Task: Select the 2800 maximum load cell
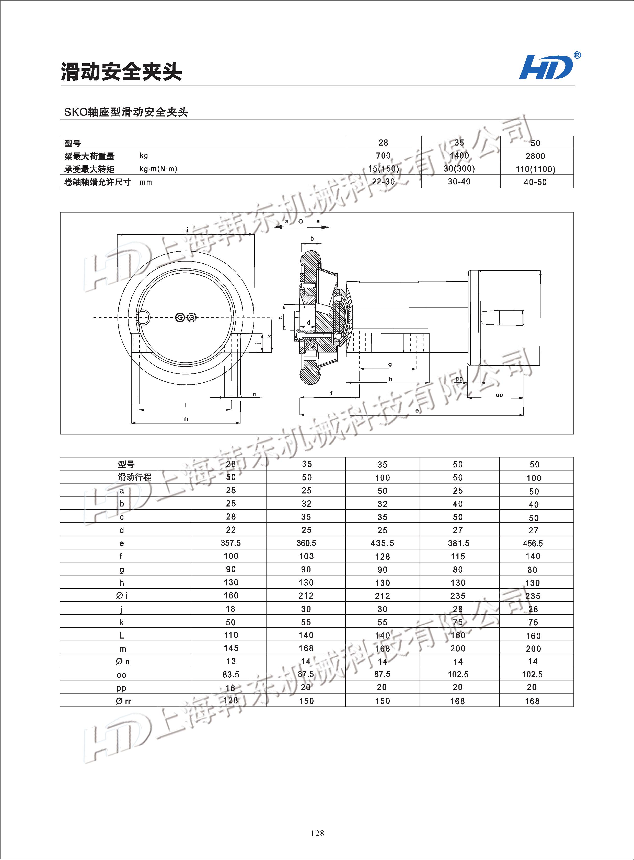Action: [535, 156]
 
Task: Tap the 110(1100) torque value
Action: [535, 169]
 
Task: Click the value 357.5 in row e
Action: [231, 543]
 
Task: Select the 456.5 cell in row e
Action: [533, 543]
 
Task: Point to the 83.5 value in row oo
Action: [231, 674]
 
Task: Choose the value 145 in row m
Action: [231, 648]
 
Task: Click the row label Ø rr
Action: [123, 701]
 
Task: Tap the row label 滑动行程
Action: [134, 477]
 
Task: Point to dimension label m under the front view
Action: [186, 419]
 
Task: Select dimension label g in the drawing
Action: [390, 364]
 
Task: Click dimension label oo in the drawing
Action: [499, 395]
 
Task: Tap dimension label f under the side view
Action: [331, 393]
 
